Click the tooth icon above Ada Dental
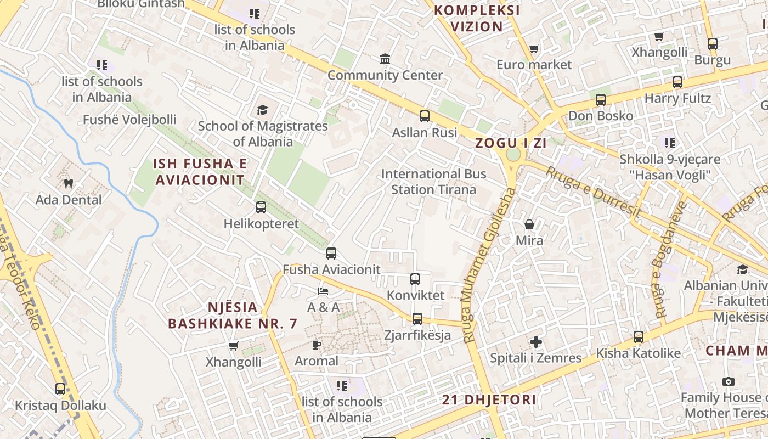tap(69, 183)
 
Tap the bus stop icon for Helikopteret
tap(261, 207)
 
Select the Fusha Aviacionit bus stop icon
tap(331, 254)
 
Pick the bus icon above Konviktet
tap(415, 279)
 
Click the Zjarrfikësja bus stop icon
tap(417, 319)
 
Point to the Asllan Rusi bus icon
tap(425, 116)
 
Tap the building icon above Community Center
tap(385, 59)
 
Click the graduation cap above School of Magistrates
tap(263, 110)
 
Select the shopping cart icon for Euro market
tap(534, 49)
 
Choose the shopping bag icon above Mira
tap(529, 224)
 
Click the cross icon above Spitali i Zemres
tap(535, 342)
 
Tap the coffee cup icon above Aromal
tap(316, 345)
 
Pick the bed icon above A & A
tap(323, 291)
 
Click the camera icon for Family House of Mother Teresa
tap(729, 381)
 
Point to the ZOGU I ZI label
tap(511, 143)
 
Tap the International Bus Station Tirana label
tap(433, 182)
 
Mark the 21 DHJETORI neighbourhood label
tap(489, 399)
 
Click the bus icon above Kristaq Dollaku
tap(60, 389)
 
